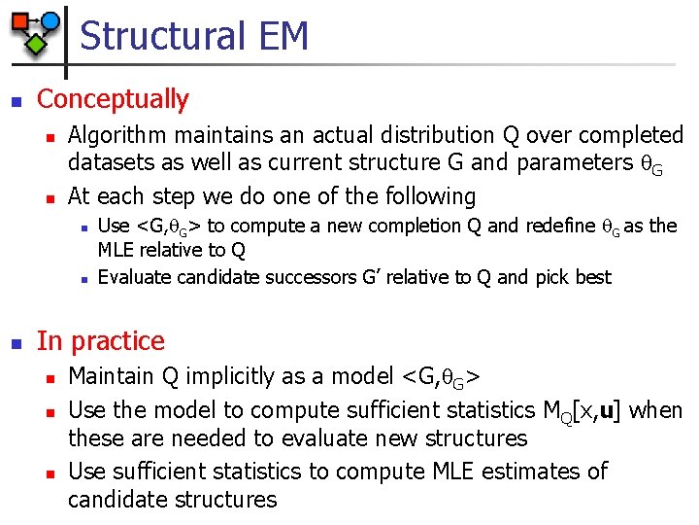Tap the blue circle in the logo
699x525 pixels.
51,19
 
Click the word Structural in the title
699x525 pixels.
163,36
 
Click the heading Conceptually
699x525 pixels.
113,99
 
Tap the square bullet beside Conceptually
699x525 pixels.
14,100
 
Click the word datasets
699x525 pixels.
111,162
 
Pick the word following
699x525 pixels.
426,196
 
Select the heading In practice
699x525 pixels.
101,341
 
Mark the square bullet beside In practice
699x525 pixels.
14,342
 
